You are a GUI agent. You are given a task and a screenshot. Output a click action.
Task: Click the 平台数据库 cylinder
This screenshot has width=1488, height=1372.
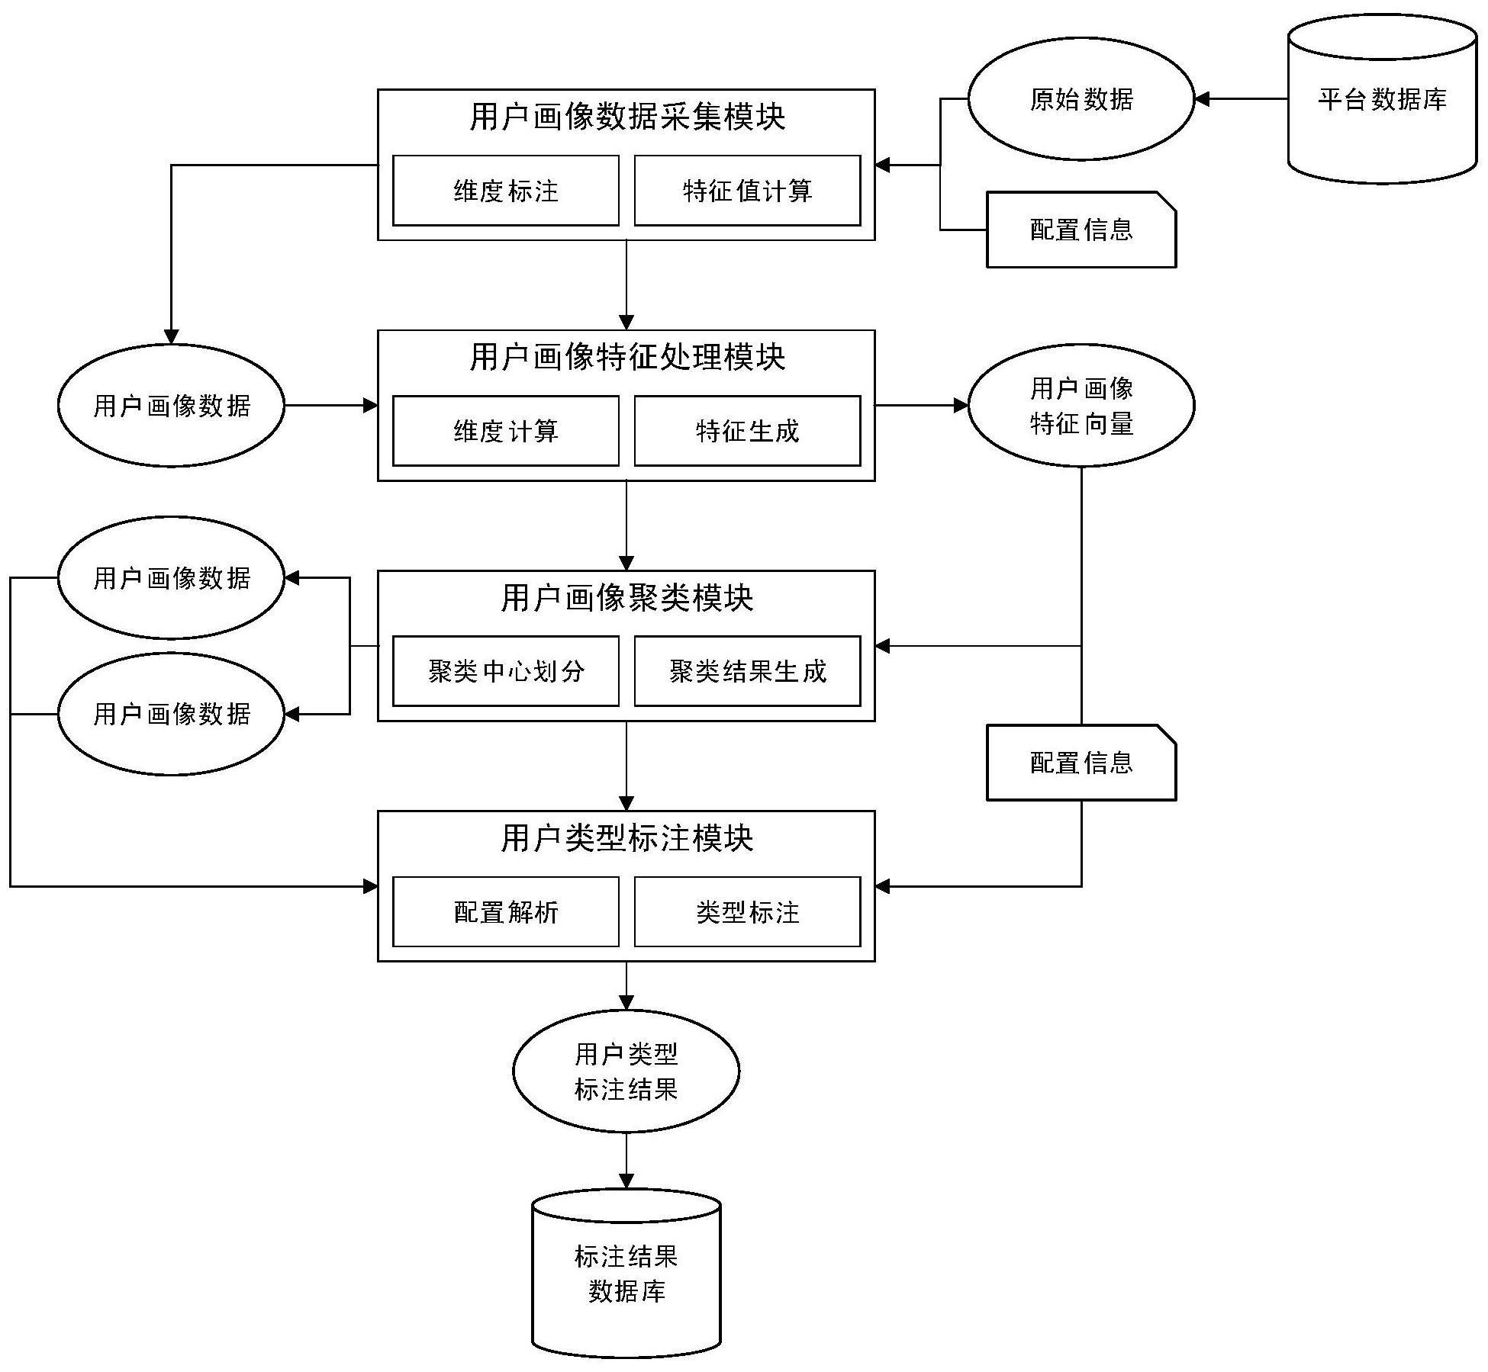(x=1382, y=100)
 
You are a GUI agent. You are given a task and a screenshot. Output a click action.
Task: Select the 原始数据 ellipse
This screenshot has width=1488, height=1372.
(x=1081, y=99)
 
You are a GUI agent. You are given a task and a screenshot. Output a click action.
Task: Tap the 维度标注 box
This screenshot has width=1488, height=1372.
(x=505, y=191)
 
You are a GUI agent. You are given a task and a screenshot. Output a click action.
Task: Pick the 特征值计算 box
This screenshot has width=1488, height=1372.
(x=747, y=191)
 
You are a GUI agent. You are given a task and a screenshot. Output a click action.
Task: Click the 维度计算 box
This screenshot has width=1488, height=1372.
(x=505, y=431)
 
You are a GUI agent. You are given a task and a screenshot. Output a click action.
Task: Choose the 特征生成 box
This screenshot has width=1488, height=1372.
(x=747, y=431)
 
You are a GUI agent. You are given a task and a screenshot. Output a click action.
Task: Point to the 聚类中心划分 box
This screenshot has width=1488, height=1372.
(x=505, y=671)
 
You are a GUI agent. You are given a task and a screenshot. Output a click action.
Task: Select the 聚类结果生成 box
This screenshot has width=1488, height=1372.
(x=747, y=671)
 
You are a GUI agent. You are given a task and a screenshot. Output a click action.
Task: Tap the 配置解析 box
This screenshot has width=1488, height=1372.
(x=505, y=912)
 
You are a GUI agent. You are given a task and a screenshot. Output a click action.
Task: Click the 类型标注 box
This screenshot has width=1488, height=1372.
(x=747, y=912)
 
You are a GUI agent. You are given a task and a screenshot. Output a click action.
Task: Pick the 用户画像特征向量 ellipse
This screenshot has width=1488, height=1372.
(x=1081, y=406)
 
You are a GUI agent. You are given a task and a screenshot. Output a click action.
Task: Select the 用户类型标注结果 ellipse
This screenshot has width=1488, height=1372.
(x=626, y=1072)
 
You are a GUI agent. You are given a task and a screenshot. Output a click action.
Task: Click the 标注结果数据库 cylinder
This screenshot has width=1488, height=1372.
(x=626, y=1274)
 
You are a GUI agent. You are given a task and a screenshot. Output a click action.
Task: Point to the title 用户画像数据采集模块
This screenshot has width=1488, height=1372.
(x=626, y=117)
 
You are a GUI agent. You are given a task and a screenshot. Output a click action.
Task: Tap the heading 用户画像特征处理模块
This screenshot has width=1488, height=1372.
(x=626, y=357)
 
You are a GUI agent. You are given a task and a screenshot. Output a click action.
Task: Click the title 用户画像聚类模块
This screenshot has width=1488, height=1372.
(x=626, y=598)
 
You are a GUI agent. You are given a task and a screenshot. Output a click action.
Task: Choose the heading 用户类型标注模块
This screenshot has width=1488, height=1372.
(x=626, y=838)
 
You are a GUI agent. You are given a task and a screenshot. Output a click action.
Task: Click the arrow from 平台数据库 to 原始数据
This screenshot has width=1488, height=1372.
(x=1241, y=99)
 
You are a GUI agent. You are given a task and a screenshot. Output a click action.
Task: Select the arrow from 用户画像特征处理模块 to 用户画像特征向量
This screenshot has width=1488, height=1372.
(x=921, y=406)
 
